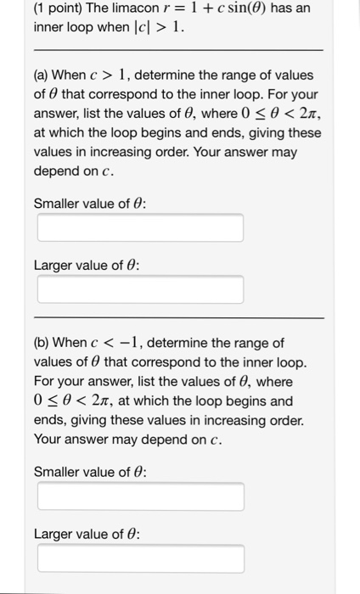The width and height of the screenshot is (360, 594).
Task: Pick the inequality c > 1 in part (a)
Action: (114, 76)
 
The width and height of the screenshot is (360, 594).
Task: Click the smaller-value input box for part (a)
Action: (140, 227)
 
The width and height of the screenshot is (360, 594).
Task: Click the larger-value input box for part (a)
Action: (140, 289)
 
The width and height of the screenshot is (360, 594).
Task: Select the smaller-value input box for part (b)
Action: (140, 496)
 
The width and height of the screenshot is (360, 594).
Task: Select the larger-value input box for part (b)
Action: (140, 558)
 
